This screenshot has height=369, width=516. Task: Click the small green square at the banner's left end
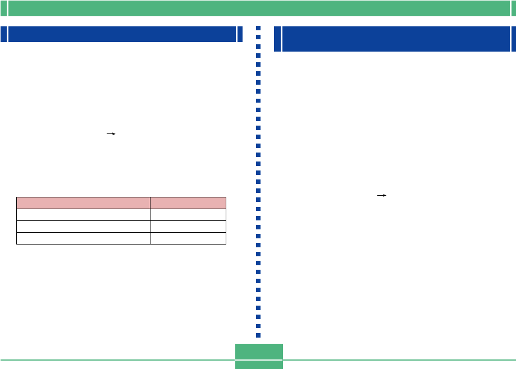pos(3,8)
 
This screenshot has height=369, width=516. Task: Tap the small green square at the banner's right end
pos(512,8)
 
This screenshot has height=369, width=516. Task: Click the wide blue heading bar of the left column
pos(121,34)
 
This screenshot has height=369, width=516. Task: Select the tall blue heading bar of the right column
pos(395,39)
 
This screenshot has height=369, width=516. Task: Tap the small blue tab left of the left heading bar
pos(3,34)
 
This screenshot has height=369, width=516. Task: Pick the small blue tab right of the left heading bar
pos(240,34)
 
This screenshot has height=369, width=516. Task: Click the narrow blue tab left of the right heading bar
pos(277,39)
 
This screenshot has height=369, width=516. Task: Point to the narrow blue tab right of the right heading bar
pos(513,39)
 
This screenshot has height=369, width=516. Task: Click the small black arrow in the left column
pos(111,135)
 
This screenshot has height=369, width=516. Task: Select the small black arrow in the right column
pos(382,195)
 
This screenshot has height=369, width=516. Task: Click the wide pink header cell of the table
pos(83,203)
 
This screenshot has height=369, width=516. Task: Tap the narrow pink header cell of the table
pos(188,203)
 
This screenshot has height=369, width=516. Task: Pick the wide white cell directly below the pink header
pos(83,215)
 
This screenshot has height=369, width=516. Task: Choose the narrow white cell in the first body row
pos(188,215)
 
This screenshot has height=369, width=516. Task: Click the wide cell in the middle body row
pos(83,227)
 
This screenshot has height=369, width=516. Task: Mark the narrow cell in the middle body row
pos(188,227)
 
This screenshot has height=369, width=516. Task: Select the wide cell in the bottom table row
pos(83,238)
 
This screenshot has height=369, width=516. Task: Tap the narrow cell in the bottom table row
pos(188,238)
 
